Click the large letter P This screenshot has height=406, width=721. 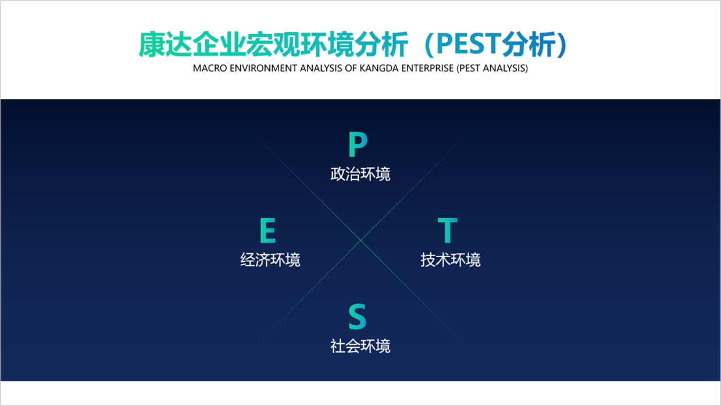(358, 144)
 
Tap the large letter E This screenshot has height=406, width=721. (268, 230)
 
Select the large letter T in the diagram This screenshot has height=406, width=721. (447, 230)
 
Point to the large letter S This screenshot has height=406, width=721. (357, 316)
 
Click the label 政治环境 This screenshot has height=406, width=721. (360, 174)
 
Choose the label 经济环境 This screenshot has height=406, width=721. (270, 260)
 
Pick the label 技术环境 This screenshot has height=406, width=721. (451, 260)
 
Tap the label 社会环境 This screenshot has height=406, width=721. (360, 346)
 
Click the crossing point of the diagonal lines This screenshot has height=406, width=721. (361, 240)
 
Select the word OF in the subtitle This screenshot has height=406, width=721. (351, 68)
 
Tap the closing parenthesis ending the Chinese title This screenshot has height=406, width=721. (562, 44)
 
